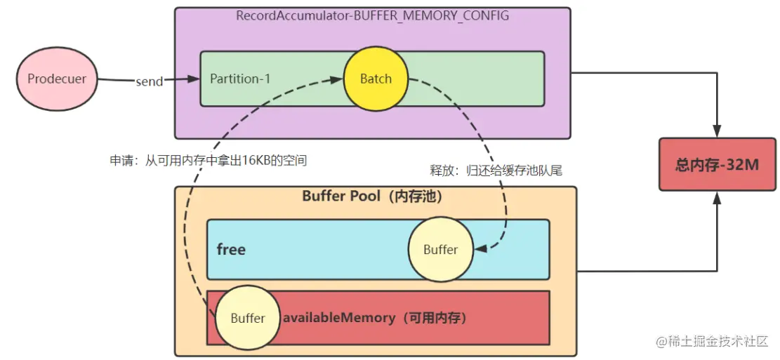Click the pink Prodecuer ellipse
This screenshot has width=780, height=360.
[x=57, y=79]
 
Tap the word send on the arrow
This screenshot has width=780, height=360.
[x=149, y=81]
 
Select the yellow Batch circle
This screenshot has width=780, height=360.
[x=376, y=79]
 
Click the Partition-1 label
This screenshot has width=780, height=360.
[x=240, y=79]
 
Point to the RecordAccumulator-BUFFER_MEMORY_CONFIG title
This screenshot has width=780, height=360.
[x=372, y=15]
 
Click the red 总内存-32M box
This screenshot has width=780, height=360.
[x=717, y=165]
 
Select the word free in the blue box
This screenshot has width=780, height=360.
[x=231, y=249]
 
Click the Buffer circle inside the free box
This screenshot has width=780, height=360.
[x=440, y=249]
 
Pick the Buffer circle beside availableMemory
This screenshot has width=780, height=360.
[x=248, y=318]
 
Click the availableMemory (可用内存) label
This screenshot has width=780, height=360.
[x=375, y=318]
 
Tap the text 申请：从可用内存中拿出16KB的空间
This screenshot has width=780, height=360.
[x=209, y=160]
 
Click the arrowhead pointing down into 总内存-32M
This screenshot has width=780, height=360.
[x=717, y=133]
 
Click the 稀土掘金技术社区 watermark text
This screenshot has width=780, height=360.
[x=718, y=342]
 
